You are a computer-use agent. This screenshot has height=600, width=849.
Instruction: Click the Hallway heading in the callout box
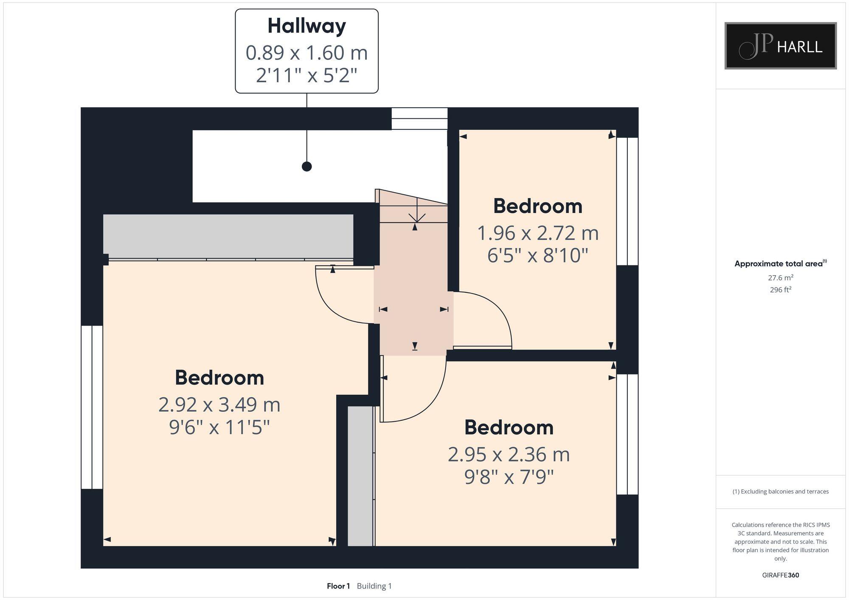[306, 26]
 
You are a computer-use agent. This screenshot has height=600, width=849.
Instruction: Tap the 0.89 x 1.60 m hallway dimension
[306, 53]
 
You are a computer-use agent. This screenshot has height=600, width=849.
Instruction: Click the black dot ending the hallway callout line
[306, 167]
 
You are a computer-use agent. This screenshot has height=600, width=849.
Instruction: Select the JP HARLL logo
[780, 46]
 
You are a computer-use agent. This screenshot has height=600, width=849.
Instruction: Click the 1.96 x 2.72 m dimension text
[537, 233]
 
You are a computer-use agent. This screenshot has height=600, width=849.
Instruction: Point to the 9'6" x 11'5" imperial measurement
[219, 427]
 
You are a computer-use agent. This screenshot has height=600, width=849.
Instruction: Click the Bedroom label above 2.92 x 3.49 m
[219, 377]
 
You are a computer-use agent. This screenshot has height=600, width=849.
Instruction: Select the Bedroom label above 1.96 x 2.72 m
[537, 206]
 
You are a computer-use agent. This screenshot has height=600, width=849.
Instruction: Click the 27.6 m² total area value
[780, 278]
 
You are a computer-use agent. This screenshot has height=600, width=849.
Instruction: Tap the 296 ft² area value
[780, 290]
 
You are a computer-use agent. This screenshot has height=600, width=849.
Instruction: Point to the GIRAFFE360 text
[780, 575]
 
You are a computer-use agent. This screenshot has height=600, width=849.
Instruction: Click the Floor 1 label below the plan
[338, 586]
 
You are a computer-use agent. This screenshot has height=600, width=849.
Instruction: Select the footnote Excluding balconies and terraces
[780, 491]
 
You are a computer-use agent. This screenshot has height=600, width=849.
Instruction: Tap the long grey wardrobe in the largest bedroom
[228, 236]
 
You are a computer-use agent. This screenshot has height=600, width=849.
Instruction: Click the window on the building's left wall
[92, 407]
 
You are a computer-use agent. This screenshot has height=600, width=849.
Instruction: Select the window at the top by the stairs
[419, 118]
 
